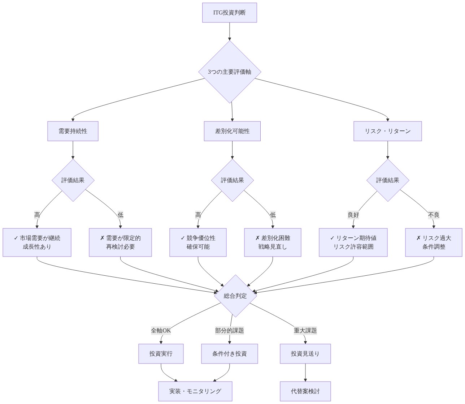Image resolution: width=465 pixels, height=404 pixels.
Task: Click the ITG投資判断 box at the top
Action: [229, 13]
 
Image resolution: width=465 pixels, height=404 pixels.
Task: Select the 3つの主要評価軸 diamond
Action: [230, 72]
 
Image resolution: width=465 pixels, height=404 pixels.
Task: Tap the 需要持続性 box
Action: [73, 131]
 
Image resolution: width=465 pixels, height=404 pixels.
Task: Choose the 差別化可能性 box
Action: [232, 131]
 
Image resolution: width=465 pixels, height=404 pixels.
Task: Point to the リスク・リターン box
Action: [387, 131]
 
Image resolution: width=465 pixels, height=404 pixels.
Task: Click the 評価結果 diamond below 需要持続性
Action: [73, 180]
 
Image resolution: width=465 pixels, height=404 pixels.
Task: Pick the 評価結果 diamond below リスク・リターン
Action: [388, 180]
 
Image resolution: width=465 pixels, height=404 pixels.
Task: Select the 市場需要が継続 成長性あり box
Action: [37, 242]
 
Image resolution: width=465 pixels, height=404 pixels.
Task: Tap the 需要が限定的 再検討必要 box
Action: [120, 242]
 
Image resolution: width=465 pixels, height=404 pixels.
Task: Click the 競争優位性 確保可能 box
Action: [198, 242]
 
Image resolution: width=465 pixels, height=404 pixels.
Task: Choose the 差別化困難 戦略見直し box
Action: [273, 242]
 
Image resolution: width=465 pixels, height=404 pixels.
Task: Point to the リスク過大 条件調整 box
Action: [434, 242]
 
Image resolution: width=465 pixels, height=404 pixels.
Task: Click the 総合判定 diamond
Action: [235, 296]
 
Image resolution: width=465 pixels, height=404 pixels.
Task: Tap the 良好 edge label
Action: [353, 215]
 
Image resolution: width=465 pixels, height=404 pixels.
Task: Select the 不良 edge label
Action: [434, 215]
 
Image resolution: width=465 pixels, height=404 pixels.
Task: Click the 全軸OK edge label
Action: [161, 330]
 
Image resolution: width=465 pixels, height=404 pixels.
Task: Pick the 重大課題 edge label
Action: [305, 330]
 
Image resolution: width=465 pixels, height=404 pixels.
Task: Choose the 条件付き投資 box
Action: [229, 353]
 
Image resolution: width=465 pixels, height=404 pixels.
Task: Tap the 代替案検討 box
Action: [305, 391]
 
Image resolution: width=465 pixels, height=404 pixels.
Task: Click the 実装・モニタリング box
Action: [195, 391]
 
